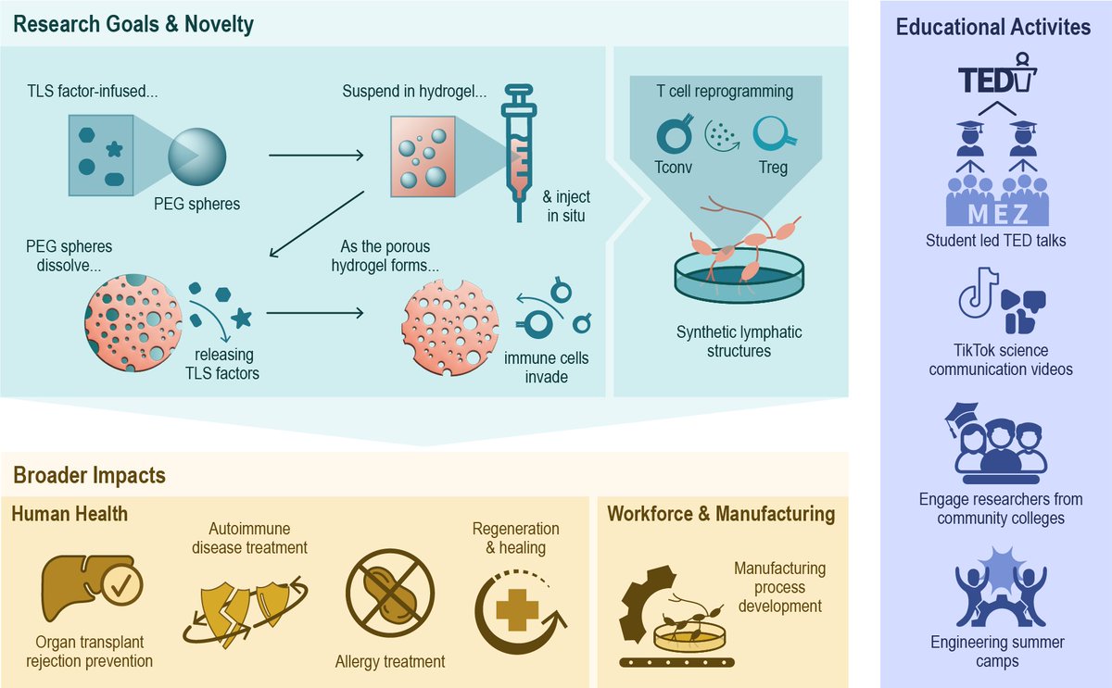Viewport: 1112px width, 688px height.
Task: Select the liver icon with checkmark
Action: (x=92, y=588)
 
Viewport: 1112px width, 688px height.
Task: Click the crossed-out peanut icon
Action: (x=390, y=593)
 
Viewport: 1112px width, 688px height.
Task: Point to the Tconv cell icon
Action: (x=675, y=133)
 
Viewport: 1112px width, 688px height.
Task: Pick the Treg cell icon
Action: (x=774, y=132)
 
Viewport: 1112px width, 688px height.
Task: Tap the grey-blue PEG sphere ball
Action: (x=197, y=156)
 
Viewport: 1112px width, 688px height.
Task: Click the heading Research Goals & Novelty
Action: (x=133, y=24)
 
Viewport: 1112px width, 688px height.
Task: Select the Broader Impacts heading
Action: (x=89, y=475)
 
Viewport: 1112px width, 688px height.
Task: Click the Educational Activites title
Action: (x=993, y=27)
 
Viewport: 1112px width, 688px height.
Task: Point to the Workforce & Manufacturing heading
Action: (x=721, y=514)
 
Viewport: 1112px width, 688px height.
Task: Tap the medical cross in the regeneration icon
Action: (x=517, y=610)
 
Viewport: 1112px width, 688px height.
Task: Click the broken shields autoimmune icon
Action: (x=245, y=613)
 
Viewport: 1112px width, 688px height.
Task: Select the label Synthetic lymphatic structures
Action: (x=739, y=342)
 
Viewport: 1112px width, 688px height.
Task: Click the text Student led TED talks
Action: (x=996, y=241)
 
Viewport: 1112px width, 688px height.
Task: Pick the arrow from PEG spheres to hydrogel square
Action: (x=316, y=156)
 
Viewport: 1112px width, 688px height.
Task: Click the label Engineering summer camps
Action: (x=997, y=651)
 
